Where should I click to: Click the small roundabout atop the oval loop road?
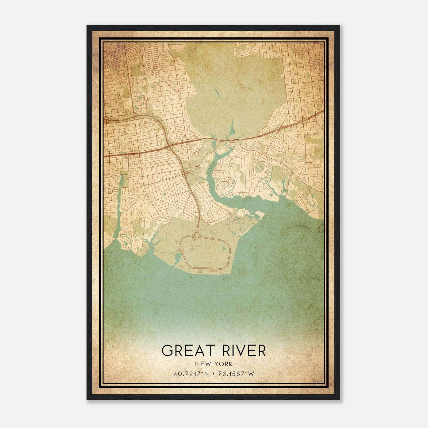point(197,235)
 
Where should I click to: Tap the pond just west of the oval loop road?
point(177,258)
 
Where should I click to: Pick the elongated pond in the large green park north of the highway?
point(216,92)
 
